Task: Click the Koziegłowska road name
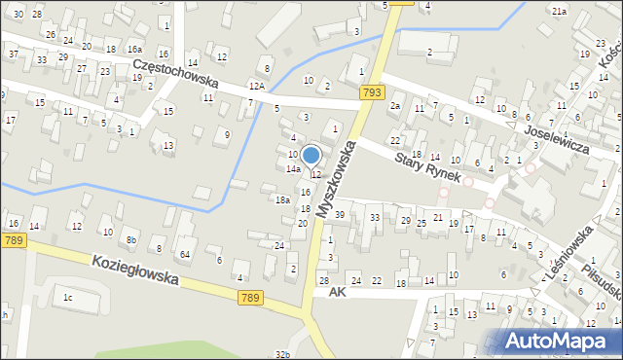click(x=135, y=270)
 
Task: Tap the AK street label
click(x=338, y=292)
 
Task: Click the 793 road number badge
click(x=370, y=92)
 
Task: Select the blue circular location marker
click(x=311, y=155)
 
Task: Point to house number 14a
click(x=292, y=169)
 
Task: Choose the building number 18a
click(x=282, y=199)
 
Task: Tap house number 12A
click(x=256, y=87)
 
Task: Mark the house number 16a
click(x=134, y=49)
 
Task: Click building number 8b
click(x=130, y=238)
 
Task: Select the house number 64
click(x=184, y=254)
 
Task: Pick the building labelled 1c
click(x=67, y=297)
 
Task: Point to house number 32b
click(x=282, y=355)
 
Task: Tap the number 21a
click(x=559, y=11)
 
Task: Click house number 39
click(x=340, y=214)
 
